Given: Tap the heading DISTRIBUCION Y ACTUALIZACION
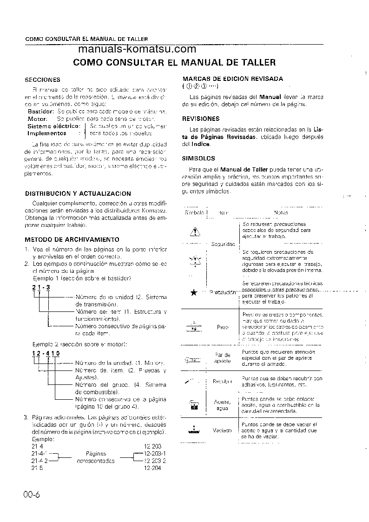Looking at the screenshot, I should coord(78,193).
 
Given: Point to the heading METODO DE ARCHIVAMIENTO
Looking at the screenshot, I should coord(72,239).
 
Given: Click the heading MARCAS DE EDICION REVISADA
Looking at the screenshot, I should coord(232,79).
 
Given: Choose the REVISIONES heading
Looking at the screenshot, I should coord(201,119).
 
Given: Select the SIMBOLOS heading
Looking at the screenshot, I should coord(198,158).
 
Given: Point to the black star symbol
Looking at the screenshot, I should coord(194,292).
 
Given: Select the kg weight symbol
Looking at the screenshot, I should coord(194,327).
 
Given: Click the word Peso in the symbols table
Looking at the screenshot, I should coord(223,327).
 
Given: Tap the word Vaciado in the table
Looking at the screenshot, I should coord(222,430).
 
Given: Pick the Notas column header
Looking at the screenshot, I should coord(281,212).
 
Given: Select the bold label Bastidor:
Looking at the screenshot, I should coord(40,112).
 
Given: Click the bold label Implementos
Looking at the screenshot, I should coord(46,132).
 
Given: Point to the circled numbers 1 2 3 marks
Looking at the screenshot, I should coord(199,86).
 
